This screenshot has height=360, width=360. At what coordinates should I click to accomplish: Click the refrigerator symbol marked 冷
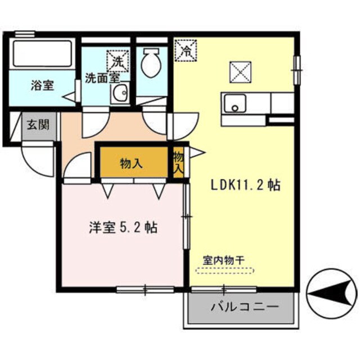[185, 49]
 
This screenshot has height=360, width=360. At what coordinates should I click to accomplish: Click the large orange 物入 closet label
[131, 164]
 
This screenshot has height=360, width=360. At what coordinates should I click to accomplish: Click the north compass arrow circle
[332, 293]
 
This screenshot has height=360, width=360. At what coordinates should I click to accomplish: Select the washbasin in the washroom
[119, 94]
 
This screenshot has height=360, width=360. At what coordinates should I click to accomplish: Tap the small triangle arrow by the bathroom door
[70, 97]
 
